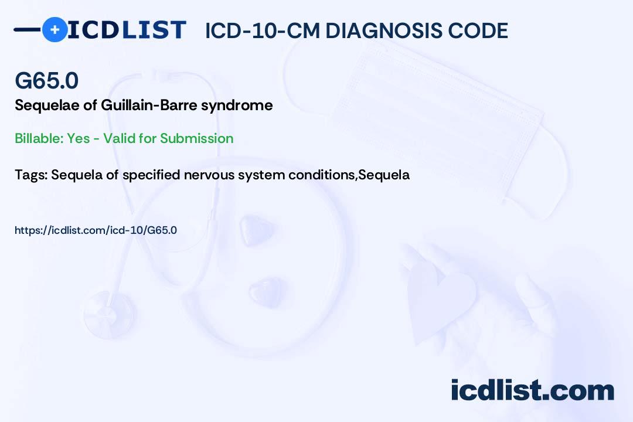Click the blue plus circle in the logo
(55, 29)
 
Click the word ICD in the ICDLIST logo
(93, 30)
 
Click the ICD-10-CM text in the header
(263, 30)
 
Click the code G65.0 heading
(46, 80)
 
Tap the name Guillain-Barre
(149, 105)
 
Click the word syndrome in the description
(237, 106)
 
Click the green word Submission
(196, 138)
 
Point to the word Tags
(31, 175)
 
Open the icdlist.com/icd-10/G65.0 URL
(96, 230)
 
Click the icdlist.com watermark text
(532, 390)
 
